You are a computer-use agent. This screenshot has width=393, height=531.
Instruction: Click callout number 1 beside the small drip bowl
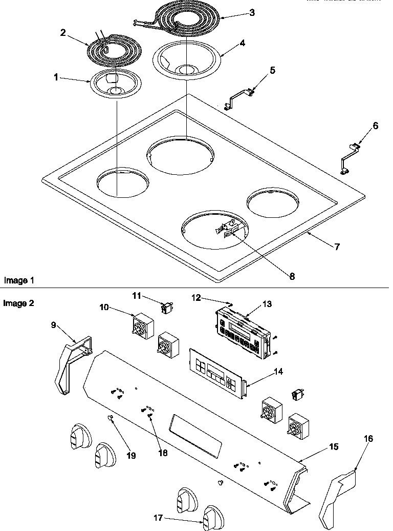coord(56,77)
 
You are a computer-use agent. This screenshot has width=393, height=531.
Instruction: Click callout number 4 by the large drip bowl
coord(242,43)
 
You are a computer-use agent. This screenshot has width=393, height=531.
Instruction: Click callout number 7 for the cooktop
coord(336,247)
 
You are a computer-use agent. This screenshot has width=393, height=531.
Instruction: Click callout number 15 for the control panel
coord(334,447)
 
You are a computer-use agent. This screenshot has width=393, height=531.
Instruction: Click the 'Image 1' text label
coord(19,280)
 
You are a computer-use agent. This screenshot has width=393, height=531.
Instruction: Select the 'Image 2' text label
coord(19,303)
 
